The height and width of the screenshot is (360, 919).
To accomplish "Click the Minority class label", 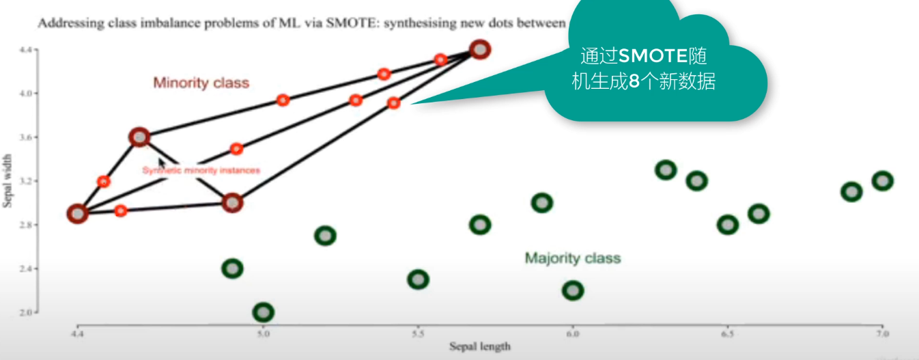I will (201, 83).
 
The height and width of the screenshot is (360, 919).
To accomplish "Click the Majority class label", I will (572, 258).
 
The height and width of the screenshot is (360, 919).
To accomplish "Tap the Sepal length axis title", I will (479, 346).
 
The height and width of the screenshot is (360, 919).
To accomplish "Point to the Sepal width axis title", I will (9, 180).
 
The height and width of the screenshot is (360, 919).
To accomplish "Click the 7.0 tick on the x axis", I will (882, 334).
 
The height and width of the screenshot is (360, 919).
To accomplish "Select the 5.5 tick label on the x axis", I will (418, 334).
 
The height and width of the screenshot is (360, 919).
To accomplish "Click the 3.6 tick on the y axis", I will (25, 137).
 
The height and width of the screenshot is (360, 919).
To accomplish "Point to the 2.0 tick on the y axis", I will (25, 312).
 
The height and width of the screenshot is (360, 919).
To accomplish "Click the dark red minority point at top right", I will (480, 50).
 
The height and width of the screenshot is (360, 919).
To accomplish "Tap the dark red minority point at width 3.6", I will (139, 137).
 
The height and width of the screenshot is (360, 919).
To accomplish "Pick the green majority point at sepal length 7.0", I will (882, 181).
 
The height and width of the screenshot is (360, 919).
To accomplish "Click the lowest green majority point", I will (263, 312).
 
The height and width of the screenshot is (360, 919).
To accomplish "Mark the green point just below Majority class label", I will (573, 290).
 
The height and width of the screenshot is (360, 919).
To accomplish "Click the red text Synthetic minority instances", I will (201, 170).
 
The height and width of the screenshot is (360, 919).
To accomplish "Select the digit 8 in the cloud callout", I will (634, 83).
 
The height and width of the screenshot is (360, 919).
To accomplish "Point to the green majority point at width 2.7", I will (325, 236).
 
